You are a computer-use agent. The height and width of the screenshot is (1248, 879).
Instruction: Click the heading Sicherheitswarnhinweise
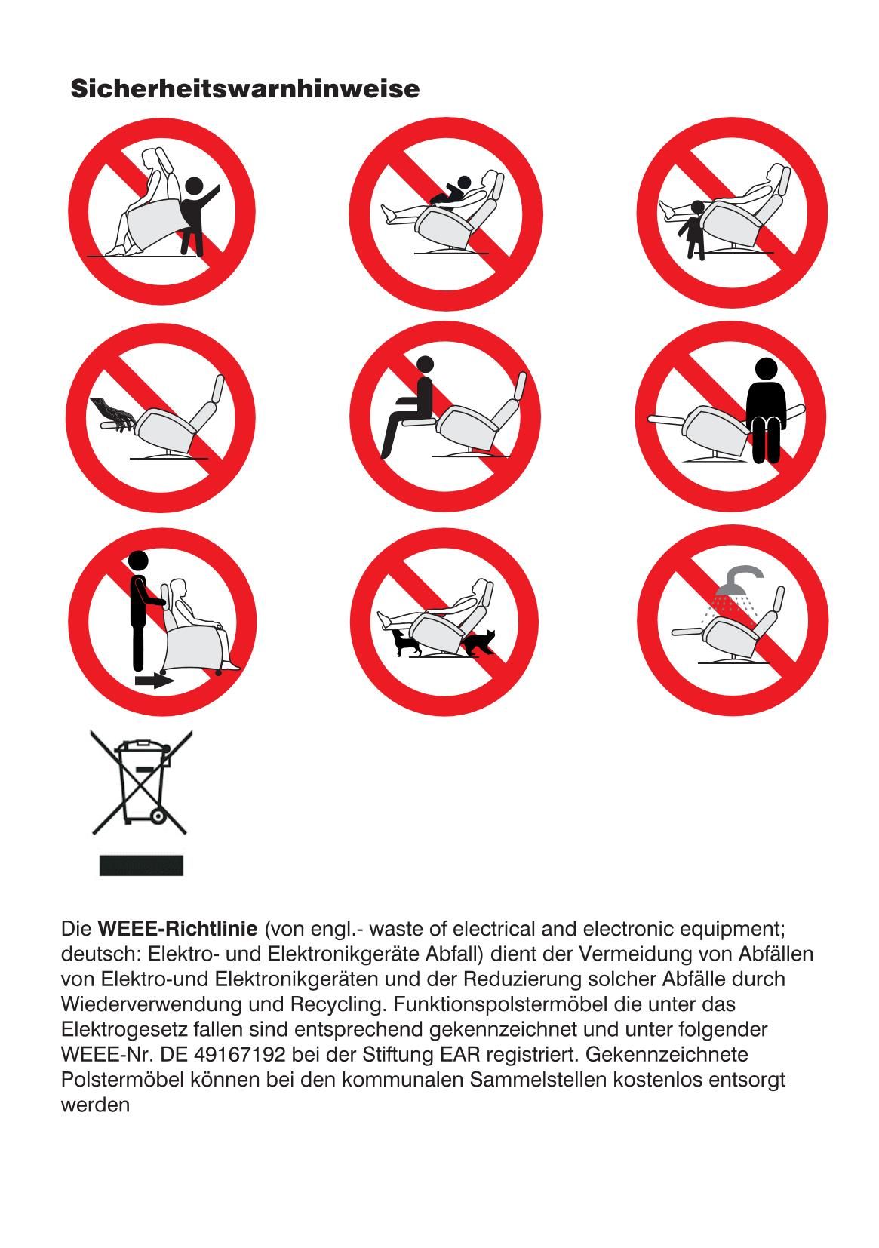(244, 89)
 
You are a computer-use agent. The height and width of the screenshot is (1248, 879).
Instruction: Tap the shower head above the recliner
(739, 580)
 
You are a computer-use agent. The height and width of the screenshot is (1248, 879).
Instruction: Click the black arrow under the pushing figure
(155, 681)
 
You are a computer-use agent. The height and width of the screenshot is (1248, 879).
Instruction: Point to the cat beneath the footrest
(406, 642)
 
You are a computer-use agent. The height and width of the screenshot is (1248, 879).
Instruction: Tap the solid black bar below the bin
(141, 865)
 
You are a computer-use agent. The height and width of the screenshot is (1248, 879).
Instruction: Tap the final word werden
(95, 1105)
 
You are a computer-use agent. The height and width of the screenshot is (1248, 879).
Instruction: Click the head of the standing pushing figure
(138, 561)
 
